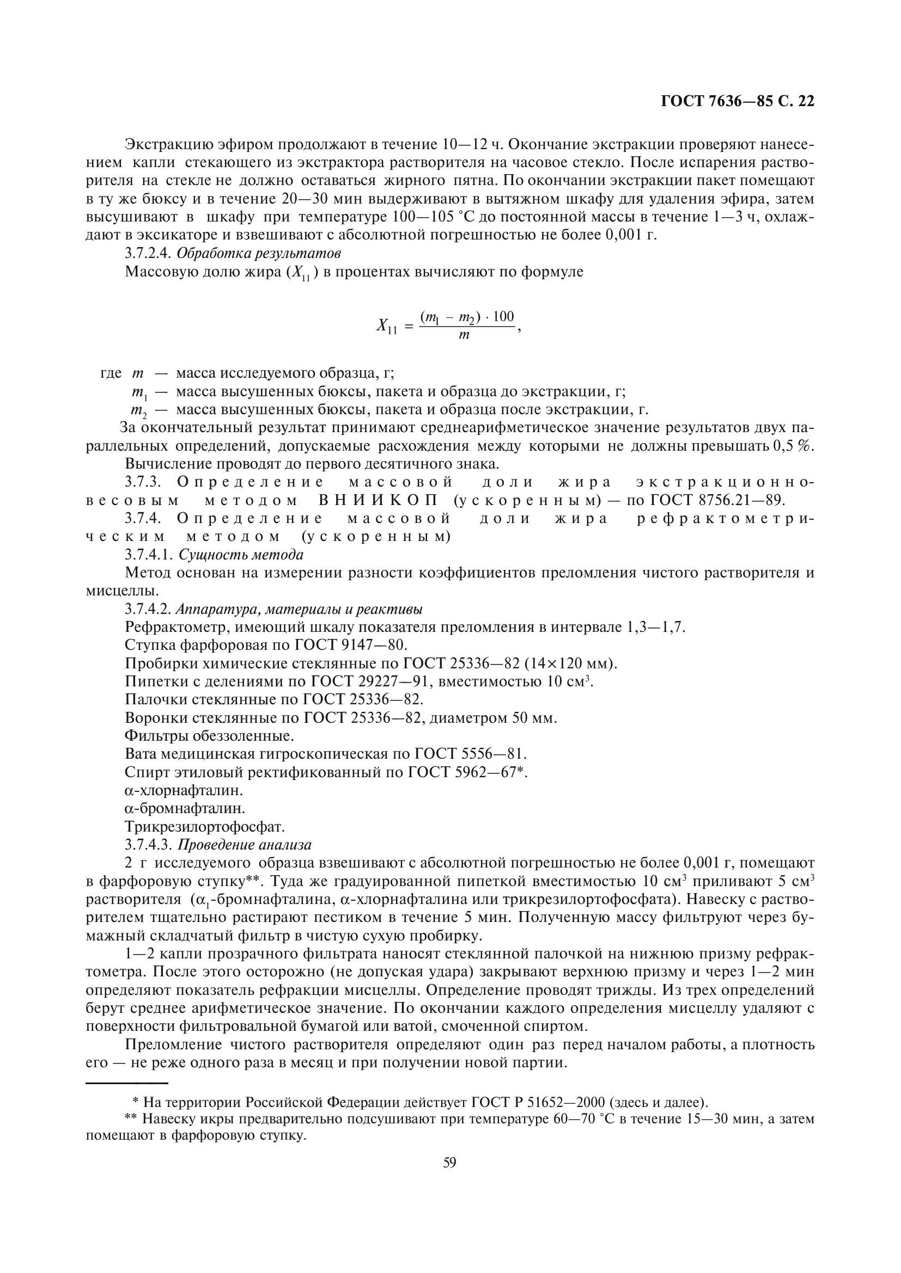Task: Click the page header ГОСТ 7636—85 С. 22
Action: (x=738, y=101)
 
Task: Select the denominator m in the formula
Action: (x=464, y=335)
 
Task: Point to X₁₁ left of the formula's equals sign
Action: (x=386, y=327)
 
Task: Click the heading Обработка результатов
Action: (x=258, y=254)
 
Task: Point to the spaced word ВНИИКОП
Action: (x=378, y=500)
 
